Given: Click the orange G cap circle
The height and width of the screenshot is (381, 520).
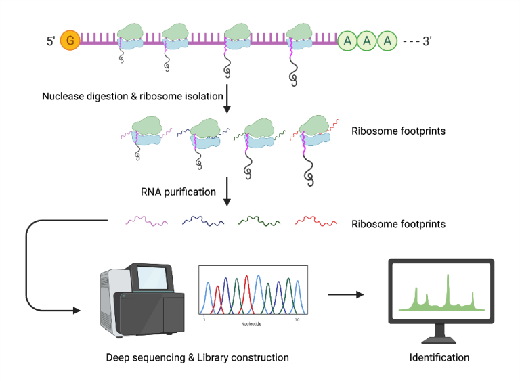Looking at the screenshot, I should pos(69,41).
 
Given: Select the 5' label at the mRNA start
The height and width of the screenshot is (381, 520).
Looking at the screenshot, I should pos(51,41).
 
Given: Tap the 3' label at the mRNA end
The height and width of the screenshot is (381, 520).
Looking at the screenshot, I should pos(427,41).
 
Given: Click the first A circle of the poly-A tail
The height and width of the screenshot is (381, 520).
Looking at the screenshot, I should pos(348,41).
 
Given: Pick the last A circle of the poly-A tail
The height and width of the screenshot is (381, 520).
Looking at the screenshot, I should pos(387,41).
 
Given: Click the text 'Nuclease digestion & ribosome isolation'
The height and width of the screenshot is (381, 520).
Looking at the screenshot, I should pos(133,96).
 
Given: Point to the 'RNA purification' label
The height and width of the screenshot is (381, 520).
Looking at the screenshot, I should pos(178,192).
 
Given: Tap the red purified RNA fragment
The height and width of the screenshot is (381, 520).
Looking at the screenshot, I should pos(316,221).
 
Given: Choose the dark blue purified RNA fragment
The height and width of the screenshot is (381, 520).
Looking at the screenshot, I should pos(202,221).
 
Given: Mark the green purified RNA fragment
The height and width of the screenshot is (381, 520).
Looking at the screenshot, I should pos(259,221).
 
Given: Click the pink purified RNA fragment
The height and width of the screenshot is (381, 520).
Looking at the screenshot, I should pos(145,221).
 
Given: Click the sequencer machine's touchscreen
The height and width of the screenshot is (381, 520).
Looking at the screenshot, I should pos(152,279).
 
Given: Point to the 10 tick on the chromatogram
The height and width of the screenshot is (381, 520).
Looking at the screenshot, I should pos(297,318).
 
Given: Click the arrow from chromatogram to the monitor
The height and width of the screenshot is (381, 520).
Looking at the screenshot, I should pos(345,294).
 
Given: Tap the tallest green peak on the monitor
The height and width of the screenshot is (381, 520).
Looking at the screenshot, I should pos(448,288).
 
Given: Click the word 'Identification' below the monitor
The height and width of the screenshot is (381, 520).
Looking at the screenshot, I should pos(439,357).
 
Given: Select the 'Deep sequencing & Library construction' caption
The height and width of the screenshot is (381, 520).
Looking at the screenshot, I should pos(197,357).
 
